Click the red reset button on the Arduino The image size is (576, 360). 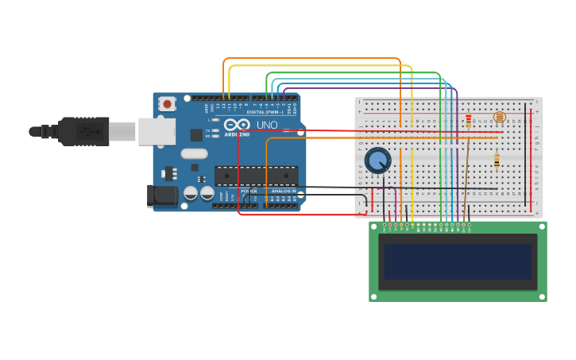[167, 104]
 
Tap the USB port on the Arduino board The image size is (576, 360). [157, 131]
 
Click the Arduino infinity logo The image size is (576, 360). [237, 125]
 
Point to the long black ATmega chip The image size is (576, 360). [256, 176]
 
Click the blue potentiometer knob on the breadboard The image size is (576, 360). [378, 160]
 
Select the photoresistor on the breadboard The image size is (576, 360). [499, 118]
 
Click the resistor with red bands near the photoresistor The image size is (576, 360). [469, 121]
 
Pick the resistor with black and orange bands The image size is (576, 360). [497, 161]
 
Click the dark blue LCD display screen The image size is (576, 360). [458, 261]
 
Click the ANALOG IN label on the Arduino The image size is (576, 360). [284, 191]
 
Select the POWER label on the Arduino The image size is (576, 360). [249, 191]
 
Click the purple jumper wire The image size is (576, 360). [457, 159]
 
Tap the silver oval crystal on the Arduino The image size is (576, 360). [194, 153]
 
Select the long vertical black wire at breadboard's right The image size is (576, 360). [524, 151]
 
